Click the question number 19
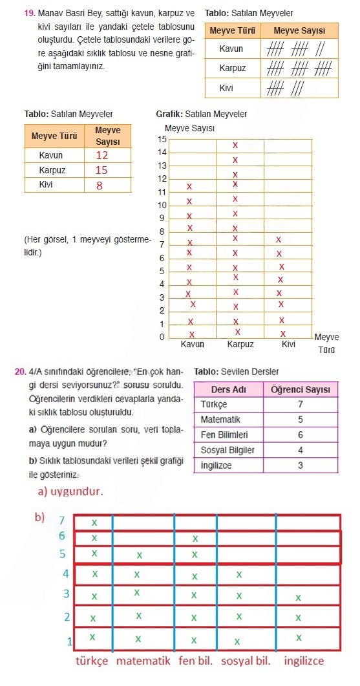28,13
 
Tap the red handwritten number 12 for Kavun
102,155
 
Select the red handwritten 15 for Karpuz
101,171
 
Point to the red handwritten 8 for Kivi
100,186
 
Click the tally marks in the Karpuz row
299,69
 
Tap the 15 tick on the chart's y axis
162,140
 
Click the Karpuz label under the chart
240,345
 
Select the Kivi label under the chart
288,345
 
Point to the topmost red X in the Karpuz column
235,145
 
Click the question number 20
20,372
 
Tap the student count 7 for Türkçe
301,404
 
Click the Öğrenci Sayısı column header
301,389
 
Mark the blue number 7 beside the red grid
62,520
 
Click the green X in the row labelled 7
94,522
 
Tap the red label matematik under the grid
143,661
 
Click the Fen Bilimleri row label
224,435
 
